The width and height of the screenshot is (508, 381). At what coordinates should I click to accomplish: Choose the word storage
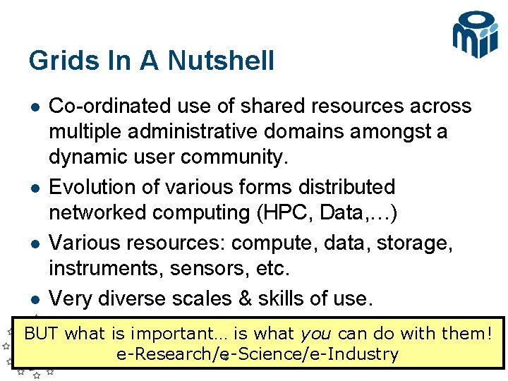(x=412, y=242)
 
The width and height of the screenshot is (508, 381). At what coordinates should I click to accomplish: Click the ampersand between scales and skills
(x=243, y=298)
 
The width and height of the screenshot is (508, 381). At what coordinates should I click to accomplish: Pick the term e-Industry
(x=358, y=354)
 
